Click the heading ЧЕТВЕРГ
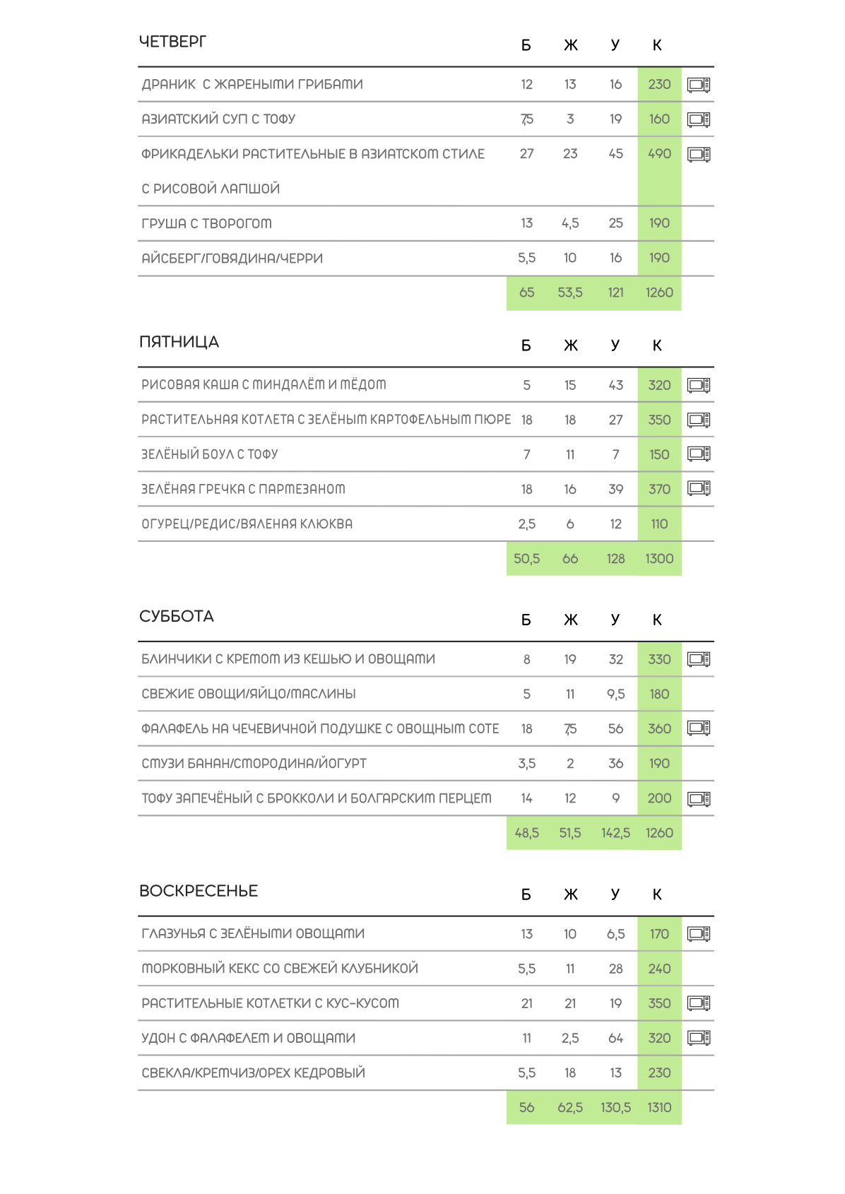(x=172, y=42)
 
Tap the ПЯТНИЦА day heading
(x=179, y=342)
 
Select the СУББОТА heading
(x=176, y=616)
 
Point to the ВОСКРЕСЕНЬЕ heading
(x=199, y=891)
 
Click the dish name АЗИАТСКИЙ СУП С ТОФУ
(x=218, y=119)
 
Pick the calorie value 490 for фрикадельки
(x=659, y=154)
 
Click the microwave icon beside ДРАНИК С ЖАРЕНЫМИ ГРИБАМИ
(x=699, y=85)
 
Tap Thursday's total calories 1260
(x=659, y=292)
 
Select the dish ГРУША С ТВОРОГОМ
(x=206, y=223)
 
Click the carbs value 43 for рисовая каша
(x=615, y=385)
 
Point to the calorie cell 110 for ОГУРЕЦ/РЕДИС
(x=659, y=524)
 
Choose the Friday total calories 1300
(x=659, y=559)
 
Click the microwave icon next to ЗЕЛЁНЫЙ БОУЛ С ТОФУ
(x=699, y=454)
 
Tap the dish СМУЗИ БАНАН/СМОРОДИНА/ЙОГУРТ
(x=254, y=764)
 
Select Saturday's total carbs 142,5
(x=615, y=833)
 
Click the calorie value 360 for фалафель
(x=659, y=729)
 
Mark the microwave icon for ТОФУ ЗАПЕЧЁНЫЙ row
(x=699, y=798)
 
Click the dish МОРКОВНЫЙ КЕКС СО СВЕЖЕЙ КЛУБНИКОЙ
(x=280, y=969)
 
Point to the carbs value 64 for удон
(x=615, y=1038)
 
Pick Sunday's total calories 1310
(x=659, y=1108)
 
